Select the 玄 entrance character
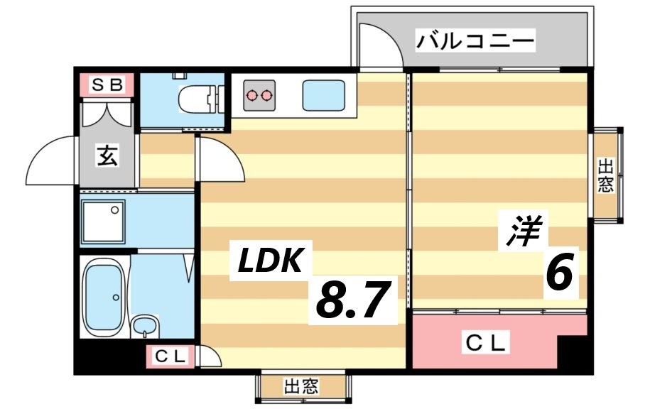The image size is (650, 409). [107, 156]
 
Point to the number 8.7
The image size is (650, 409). [354, 300]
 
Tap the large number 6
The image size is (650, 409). [559, 273]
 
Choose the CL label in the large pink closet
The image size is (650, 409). [486, 343]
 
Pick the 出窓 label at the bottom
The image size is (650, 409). [302, 387]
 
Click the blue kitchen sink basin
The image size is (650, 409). [323, 95]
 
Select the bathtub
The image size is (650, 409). [104, 296]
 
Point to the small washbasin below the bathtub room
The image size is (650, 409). [146, 327]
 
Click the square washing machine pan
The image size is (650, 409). [104, 222]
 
